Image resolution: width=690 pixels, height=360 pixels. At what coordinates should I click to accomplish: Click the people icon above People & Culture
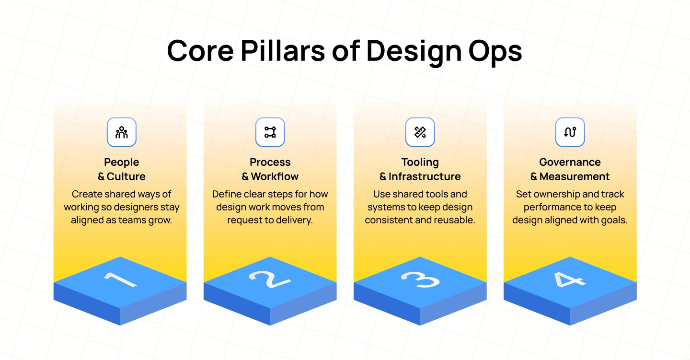(x=122, y=132)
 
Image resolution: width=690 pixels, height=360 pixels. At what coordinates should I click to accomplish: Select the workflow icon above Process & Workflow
(x=270, y=132)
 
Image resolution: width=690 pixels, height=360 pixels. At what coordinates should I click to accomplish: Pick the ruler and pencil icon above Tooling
(x=420, y=132)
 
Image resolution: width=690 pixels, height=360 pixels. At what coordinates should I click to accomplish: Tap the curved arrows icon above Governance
(x=570, y=132)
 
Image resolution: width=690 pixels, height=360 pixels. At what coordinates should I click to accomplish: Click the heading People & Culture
(x=122, y=169)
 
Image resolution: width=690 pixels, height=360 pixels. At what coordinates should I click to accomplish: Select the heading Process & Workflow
(x=270, y=169)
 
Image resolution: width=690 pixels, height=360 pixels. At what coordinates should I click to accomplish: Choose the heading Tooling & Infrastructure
(x=420, y=169)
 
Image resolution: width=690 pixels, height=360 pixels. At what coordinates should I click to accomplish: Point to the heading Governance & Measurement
(x=570, y=169)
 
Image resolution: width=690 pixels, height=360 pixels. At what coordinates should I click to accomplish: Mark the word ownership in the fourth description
(x=557, y=195)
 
